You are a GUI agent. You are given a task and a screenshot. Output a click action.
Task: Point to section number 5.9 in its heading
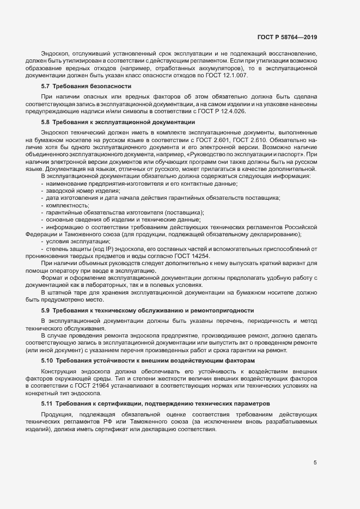click(x=46, y=310)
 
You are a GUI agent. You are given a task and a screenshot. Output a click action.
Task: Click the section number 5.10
click(x=47, y=360)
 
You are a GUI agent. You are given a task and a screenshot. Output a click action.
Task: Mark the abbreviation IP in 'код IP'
click(x=109, y=249)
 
